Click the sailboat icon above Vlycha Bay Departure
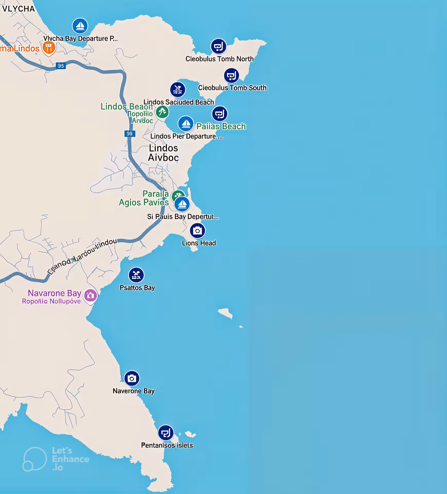80,26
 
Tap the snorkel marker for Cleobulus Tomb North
218,46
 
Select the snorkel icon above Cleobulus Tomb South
231,75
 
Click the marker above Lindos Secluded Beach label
178,90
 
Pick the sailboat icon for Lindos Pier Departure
186,123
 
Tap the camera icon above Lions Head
198,231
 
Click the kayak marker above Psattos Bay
136,275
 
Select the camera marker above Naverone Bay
132,378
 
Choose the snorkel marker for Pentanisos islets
166,433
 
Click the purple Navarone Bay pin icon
90,295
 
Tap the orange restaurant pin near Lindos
49,48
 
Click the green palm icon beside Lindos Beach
162,112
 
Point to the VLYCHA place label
18,9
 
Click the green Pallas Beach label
221,126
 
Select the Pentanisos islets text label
167,445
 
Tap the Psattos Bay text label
137,288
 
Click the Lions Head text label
199,243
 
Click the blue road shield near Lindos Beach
130,134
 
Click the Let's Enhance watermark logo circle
35,459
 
